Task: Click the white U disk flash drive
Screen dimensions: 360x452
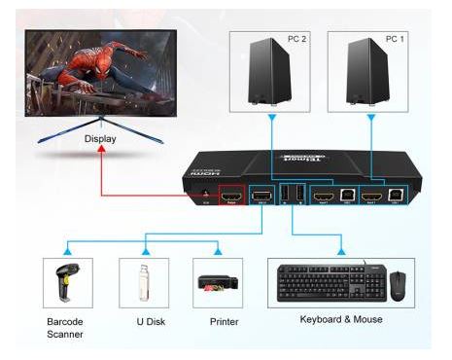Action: pos(138,281)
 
